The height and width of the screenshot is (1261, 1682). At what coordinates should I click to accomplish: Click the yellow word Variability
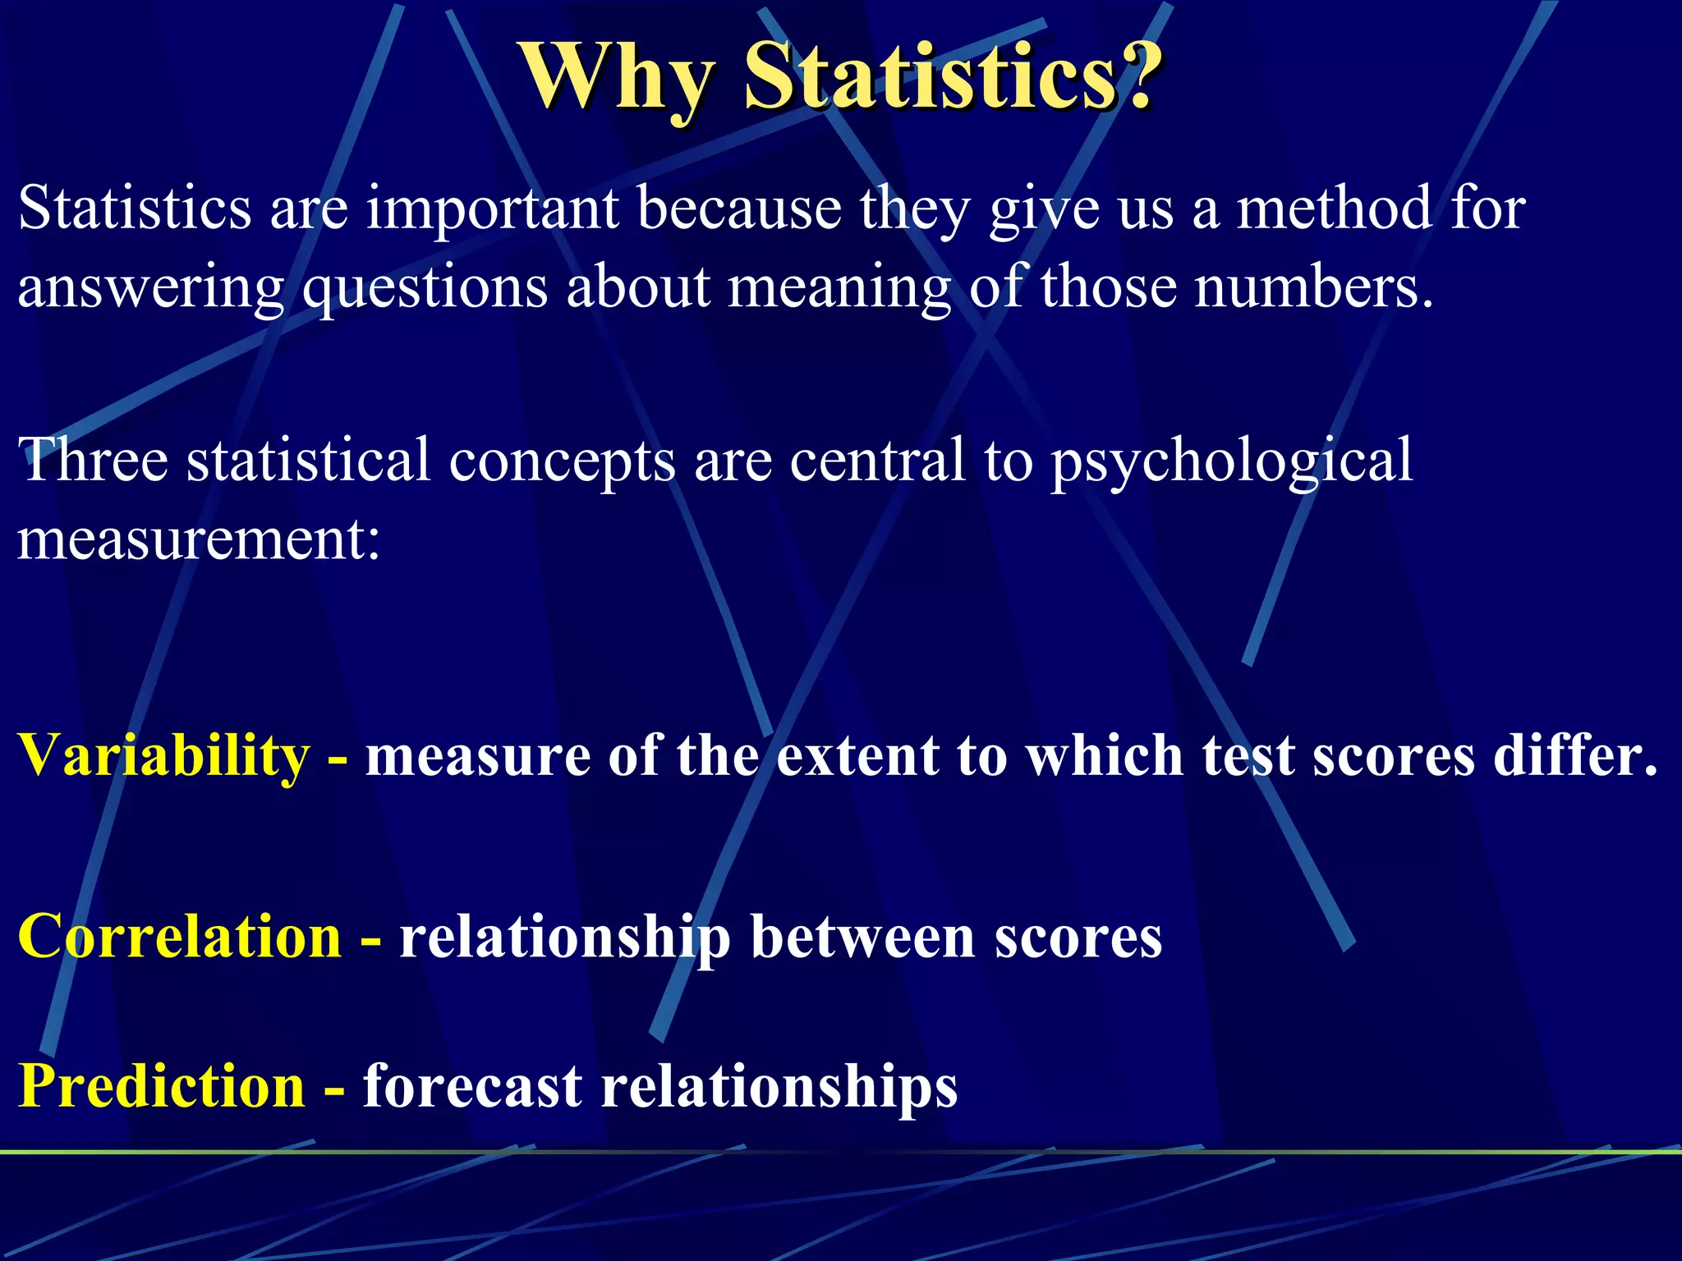pos(164,755)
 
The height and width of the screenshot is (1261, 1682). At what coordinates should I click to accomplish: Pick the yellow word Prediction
pos(162,1086)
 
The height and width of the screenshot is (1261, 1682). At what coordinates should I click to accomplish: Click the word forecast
pos(472,1086)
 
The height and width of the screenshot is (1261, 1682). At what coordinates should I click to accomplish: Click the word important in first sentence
pos(492,209)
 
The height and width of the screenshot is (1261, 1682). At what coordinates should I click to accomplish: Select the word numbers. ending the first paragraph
pos(1313,287)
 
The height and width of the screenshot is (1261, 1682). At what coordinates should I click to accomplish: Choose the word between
pos(863,937)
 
